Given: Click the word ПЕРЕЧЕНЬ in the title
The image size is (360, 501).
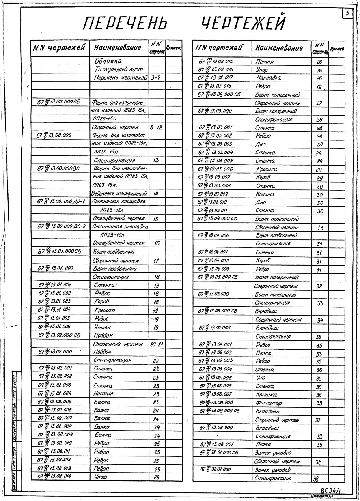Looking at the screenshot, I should pos(125,24).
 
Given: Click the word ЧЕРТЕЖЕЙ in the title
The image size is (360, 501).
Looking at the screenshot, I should pos(243,23).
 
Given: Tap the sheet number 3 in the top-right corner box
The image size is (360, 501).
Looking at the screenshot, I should pos(347,13).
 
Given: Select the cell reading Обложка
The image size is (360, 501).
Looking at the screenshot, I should pos(108,61).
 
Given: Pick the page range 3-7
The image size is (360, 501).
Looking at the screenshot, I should pos(156,77).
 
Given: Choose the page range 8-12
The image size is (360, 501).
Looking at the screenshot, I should pos(156,127).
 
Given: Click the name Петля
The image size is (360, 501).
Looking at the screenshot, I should pos(265,62).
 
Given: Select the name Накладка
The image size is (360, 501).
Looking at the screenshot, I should pos(268,78).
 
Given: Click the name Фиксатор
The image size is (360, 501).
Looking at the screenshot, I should pos(269,403).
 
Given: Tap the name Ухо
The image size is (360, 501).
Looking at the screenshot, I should pos(261,378).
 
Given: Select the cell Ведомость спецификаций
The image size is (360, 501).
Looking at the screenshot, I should pos(119,194).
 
